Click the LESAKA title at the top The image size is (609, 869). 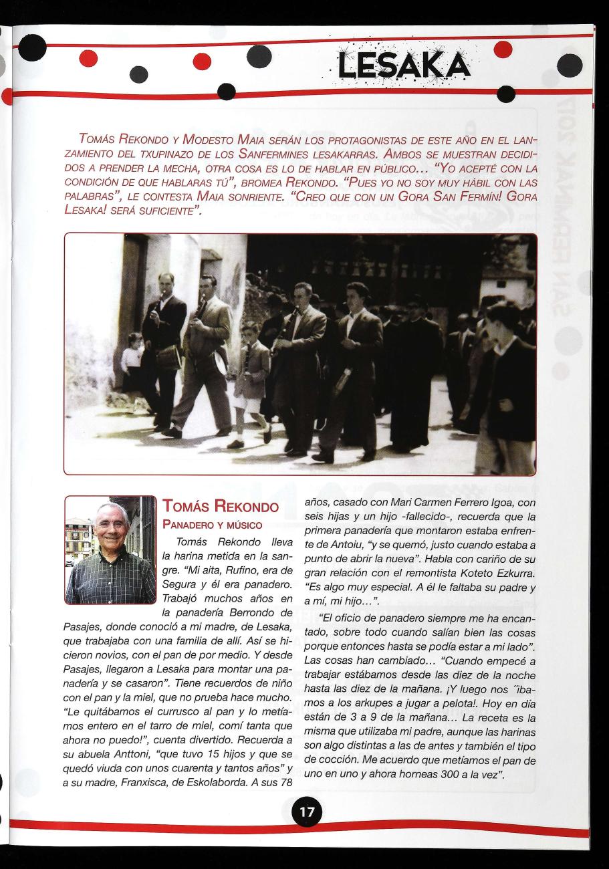(x=403, y=65)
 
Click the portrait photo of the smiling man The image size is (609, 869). (x=110, y=549)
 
